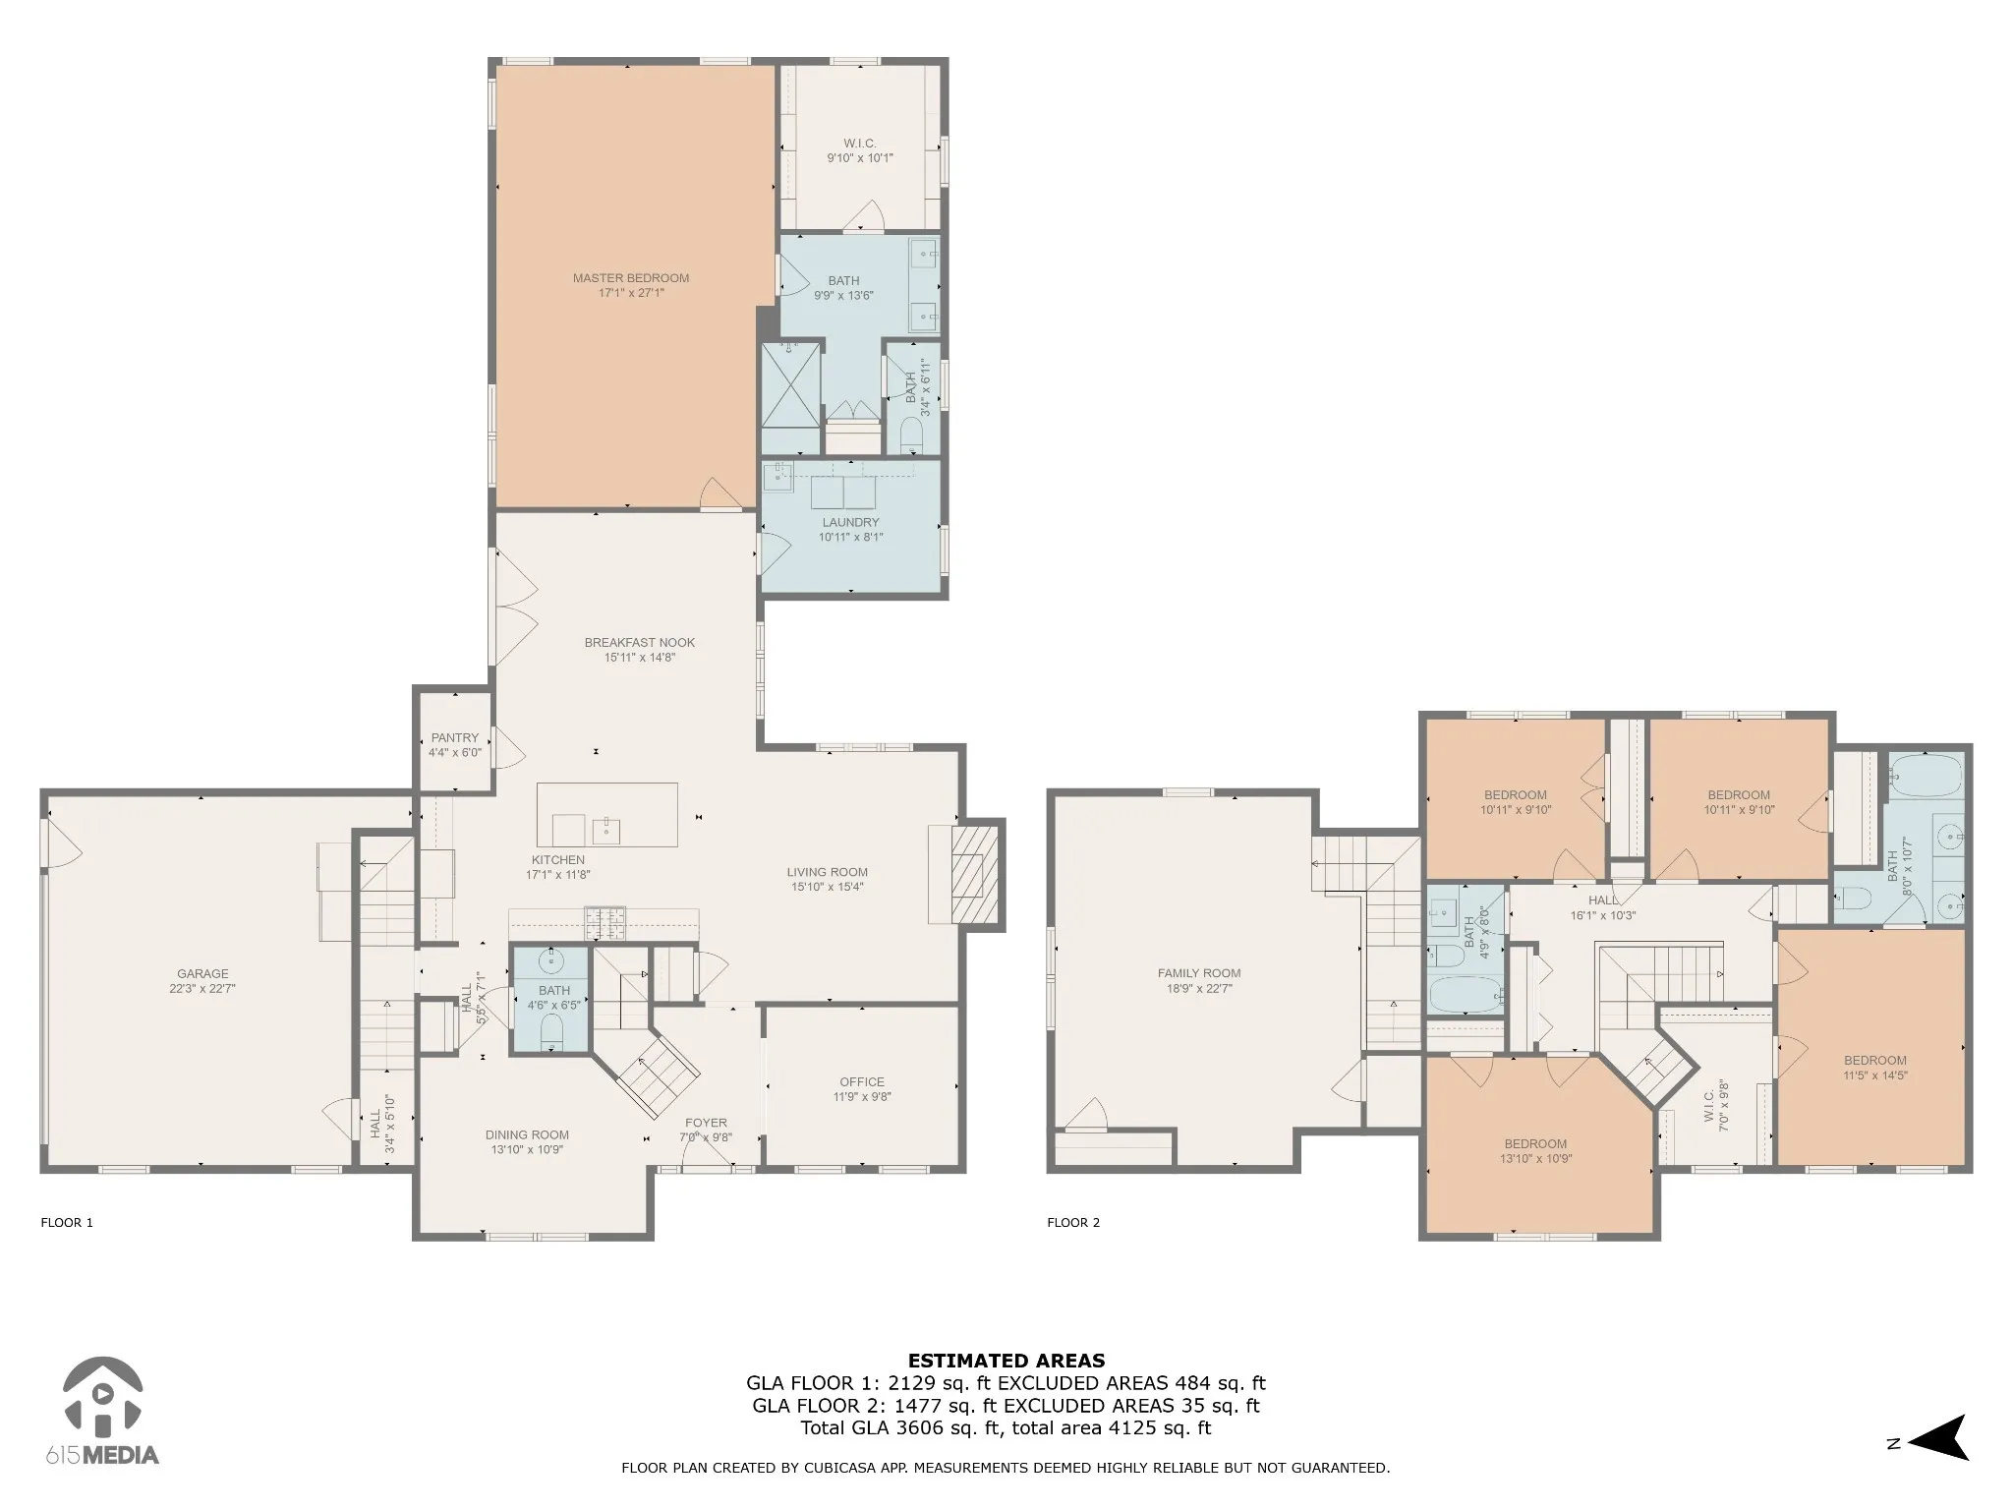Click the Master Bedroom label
(631, 278)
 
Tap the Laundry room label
(851, 523)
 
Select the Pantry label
(455, 738)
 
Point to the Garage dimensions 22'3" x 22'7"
(202, 989)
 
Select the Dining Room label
(528, 1135)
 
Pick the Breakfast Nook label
(640, 643)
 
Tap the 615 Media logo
(101, 1415)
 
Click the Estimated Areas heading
(1006, 1362)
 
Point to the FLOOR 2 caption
(1073, 1223)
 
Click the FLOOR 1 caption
(67, 1223)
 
